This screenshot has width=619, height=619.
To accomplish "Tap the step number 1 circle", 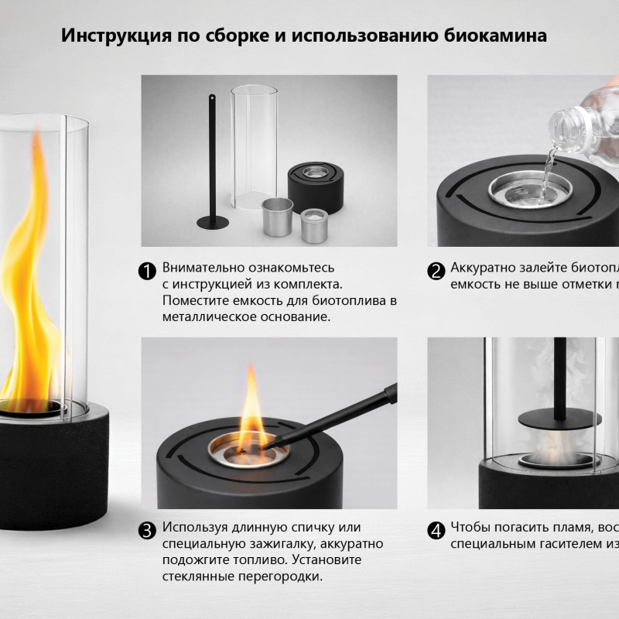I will (x=147, y=271).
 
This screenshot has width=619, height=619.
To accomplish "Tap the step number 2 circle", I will (x=436, y=271).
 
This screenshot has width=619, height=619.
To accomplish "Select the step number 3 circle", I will (x=147, y=531).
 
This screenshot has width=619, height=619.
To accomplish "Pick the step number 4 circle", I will (x=436, y=531).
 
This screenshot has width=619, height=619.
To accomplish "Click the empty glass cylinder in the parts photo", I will (x=255, y=147).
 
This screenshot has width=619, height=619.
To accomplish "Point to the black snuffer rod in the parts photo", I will (x=211, y=162).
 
